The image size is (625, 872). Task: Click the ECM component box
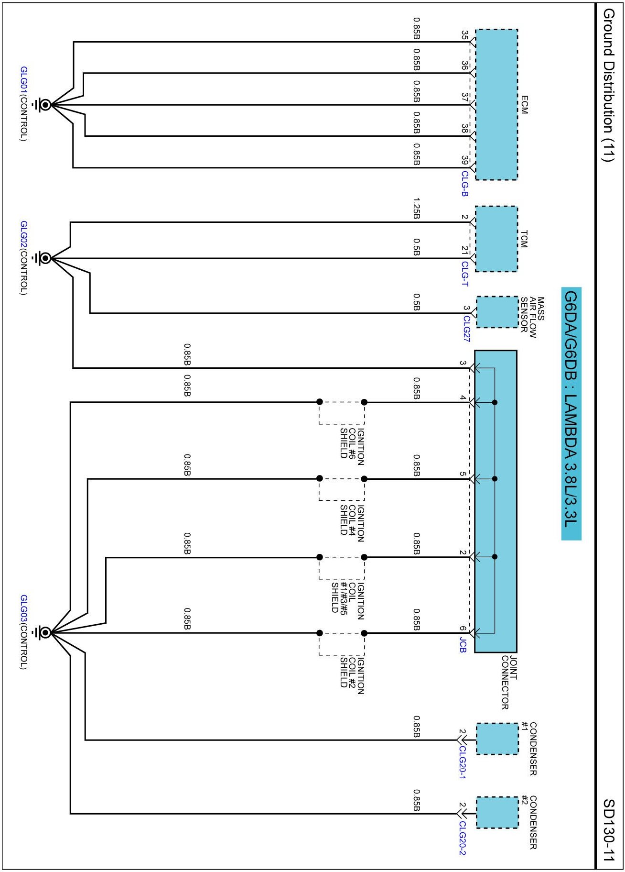coord(496,105)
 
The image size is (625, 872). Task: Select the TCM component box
coord(496,239)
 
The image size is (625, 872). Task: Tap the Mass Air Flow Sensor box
coord(497,312)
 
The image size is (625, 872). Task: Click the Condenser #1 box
coord(497,739)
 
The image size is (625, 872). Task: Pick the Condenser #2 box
coord(497,813)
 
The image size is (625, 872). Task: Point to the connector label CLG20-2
coord(462,838)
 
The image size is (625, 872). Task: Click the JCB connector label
coord(463,645)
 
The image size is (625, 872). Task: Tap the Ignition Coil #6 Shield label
coord(352,443)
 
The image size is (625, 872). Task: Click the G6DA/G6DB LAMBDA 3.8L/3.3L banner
coord(571,413)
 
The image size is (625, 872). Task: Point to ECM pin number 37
coord(464,97)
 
